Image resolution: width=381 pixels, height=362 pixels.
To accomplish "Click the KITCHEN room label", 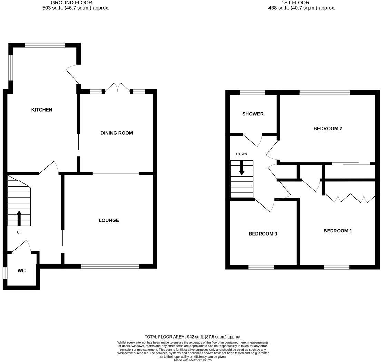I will click(42, 110).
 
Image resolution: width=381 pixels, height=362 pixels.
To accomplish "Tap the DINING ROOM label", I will click(117, 133).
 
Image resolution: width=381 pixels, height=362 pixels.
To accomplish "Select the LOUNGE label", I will click(109, 220).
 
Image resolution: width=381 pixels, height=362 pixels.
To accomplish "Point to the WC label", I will click(21, 270).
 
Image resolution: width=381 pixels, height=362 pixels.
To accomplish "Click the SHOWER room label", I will click(253, 114).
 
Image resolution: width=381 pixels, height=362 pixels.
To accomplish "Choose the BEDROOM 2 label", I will click(328, 129).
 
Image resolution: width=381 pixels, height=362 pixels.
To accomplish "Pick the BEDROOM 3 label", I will click(263, 234).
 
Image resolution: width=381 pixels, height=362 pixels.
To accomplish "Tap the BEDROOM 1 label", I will click(338, 231).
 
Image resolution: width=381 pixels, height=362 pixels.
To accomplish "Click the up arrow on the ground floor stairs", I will click(19, 218).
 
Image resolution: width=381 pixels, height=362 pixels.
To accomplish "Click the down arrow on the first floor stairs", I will click(242, 168).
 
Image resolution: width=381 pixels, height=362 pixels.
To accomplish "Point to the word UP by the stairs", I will click(19, 232).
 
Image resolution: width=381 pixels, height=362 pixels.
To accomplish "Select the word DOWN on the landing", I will click(242, 154).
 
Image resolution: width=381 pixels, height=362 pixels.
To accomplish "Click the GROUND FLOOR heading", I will click(71, 3).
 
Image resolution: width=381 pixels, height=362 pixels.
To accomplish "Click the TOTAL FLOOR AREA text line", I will click(193, 337).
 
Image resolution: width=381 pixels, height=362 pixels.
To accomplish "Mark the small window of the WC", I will click(5, 273).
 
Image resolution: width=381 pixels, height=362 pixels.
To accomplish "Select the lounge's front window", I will click(110, 266).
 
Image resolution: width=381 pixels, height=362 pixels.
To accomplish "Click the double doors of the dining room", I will click(118, 88).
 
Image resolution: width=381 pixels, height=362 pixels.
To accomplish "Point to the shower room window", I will click(252, 93).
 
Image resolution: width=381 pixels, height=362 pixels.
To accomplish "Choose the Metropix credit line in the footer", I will click(193, 360).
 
